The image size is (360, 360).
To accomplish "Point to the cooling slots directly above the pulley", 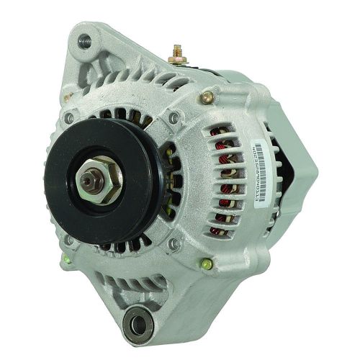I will [x=122, y=115].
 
